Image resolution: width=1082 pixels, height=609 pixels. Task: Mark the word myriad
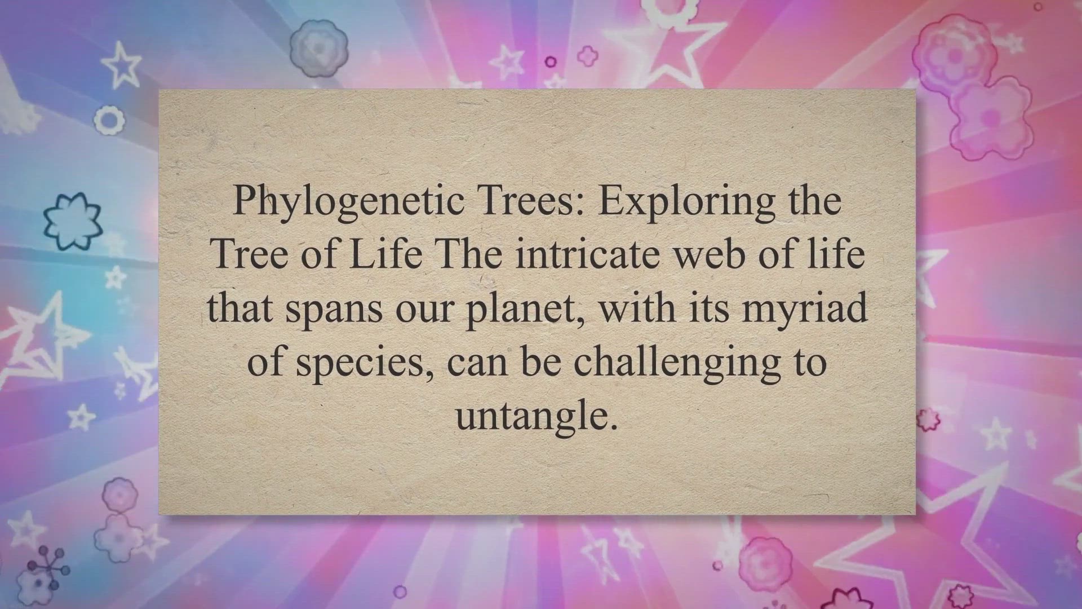tap(804, 309)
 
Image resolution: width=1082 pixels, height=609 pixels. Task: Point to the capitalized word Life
tap(385, 254)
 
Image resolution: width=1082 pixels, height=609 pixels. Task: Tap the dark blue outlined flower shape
tap(73, 221)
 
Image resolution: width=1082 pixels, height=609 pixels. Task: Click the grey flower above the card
tap(318, 48)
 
